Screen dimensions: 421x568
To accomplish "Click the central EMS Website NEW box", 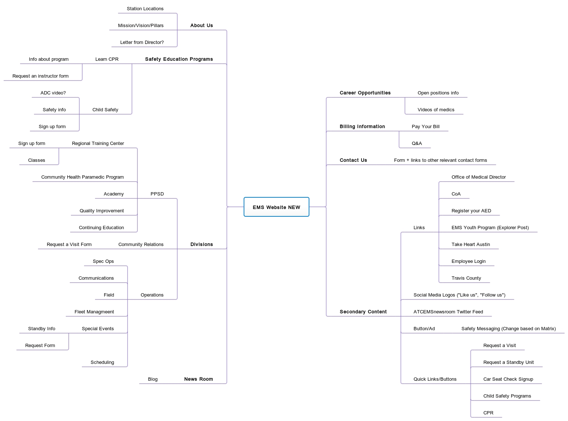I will (x=276, y=207).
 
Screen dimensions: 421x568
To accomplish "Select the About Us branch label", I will (x=201, y=26).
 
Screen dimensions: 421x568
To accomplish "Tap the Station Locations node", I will (x=145, y=9).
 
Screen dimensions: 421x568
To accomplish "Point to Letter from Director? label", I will (x=142, y=42).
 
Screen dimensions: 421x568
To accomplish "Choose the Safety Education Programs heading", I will (x=179, y=59).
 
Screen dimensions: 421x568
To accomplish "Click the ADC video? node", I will (x=53, y=93).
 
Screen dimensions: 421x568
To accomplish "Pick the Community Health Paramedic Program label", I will (x=82, y=177).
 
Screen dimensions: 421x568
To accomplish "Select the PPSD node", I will (x=157, y=194).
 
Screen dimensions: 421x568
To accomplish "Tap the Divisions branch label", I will (x=201, y=245).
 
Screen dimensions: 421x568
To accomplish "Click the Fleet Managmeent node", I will (x=94, y=312).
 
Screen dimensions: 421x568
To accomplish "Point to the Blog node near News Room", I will (x=153, y=379).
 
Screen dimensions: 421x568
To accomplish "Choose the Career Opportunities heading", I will (x=365, y=93).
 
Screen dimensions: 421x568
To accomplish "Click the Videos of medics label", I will (x=436, y=110).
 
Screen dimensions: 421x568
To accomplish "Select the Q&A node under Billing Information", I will (x=417, y=144).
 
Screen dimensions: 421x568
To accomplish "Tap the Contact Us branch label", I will (x=353, y=160).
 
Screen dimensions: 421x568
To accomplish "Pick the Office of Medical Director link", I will (x=478, y=177).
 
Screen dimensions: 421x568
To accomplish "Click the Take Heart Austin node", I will (x=470, y=245).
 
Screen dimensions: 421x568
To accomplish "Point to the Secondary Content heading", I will (x=363, y=312).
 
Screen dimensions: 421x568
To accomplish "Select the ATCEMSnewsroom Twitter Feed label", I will (x=448, y=312).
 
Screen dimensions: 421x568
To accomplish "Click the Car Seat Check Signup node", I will (x=508, y=379).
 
